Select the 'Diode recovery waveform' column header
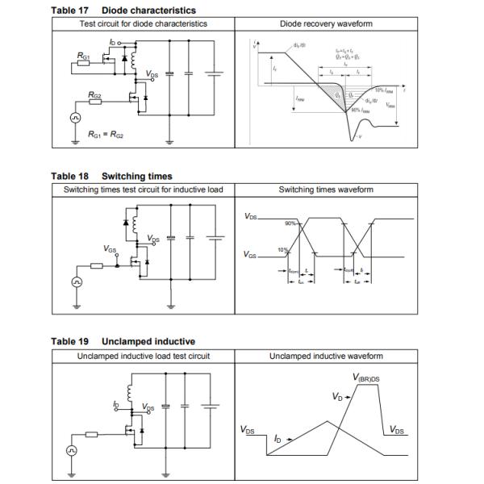click(326, 24)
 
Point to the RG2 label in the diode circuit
click(96, 94)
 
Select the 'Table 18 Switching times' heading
click(111, 176)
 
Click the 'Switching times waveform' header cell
click(326, 190)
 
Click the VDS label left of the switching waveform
click(251, 217)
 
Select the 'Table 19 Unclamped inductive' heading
click(123, 341)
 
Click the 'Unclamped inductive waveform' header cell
click(326, 356)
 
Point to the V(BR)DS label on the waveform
click(367, 378)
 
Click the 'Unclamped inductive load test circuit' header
click(143, 356)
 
